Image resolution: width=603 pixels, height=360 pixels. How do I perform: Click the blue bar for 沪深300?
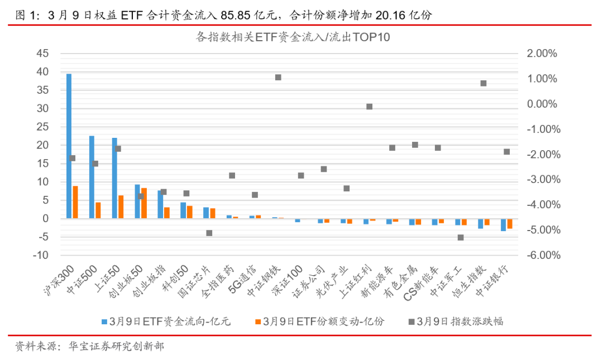click(69, 145)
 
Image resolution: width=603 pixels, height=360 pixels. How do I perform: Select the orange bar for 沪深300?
click(75, 201)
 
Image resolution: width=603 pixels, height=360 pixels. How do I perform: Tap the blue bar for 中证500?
click(92, 176)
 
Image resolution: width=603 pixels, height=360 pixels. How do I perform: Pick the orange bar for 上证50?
click(121, 207)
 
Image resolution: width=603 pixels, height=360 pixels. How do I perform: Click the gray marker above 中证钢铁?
click(278, 78)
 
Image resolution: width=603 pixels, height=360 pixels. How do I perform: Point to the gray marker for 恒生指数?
click(484, 83)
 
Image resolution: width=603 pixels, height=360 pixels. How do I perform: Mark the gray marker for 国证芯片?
click(209, 233)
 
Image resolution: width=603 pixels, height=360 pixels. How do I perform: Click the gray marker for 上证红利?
click(369, 107)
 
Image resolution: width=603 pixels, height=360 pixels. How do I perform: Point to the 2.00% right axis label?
click(541, 54)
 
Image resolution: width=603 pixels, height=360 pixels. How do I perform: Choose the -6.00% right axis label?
click(540, 256)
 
